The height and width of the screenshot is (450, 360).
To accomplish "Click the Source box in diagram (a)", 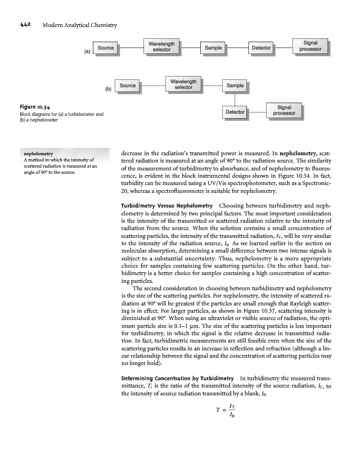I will tap(106, 48).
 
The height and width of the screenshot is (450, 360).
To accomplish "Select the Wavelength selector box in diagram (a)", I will tap(161, 47).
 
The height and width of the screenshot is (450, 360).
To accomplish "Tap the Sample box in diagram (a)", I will tap(213, 48).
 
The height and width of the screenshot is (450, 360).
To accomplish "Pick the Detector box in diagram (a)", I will tap(261, 48).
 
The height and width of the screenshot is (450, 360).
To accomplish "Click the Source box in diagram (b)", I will tap(128, 85).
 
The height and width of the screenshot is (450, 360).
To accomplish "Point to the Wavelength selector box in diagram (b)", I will tap(183, 84).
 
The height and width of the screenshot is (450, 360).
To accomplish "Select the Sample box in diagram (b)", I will tap(235, 85).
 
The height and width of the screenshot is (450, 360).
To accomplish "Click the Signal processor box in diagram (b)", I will tap(284, 110).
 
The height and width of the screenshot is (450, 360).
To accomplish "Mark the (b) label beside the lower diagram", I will tap(109, 89).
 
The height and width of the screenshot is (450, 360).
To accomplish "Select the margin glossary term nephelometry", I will tap(37, 152).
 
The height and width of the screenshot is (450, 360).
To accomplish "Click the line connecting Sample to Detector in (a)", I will tap(237, 48).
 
